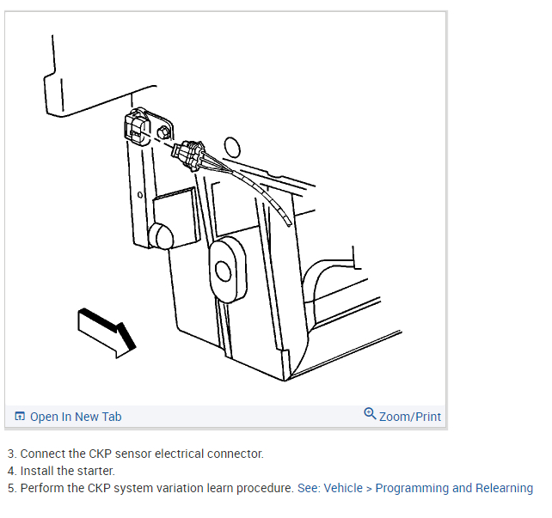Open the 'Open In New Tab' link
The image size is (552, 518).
click(76, 417)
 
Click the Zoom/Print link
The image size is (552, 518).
click(410, 417)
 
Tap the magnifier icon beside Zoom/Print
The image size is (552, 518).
click(370, 414)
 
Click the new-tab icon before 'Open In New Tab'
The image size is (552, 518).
click(21, 417)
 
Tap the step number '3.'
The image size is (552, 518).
click(12, 454)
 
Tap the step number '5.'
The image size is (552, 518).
click(12, 488)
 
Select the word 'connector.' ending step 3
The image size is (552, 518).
click(235, 454)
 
